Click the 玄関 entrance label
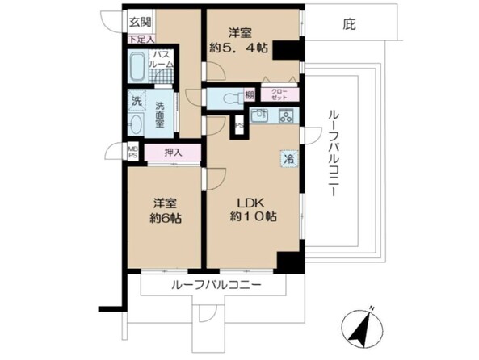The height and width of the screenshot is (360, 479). [x=137, y=23]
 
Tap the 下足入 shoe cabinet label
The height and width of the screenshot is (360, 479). [x=139, y=38]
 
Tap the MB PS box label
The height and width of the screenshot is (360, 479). [x=132, y=152]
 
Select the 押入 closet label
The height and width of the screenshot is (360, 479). [x=173, y=152]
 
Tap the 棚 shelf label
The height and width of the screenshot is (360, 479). [x=251, y=96]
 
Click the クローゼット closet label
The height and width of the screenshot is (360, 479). [x=279, y=94]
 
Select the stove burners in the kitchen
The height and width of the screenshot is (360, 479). [x=286, y=116]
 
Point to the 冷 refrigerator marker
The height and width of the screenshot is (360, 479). [x=288, y=159]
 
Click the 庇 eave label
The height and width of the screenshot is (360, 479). [x=350, y=25]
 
